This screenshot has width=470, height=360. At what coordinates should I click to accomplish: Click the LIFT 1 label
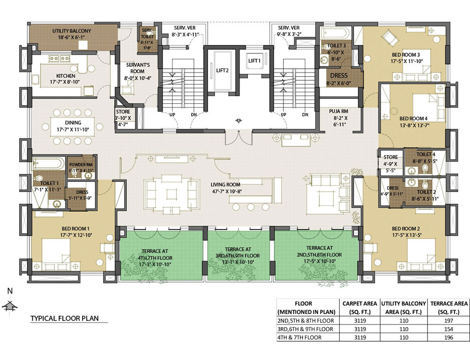[254, 60]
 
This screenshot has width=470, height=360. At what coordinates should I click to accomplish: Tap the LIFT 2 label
[223, 70]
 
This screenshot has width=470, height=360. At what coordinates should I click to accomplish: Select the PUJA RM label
[338, 111]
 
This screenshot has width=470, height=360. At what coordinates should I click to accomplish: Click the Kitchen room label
[66, 76]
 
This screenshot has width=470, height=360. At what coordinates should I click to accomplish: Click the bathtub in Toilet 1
[48, 163]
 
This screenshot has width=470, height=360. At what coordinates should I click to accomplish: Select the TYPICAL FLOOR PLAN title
[64, 318]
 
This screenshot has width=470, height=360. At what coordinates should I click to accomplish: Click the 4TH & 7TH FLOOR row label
[305, 337]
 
